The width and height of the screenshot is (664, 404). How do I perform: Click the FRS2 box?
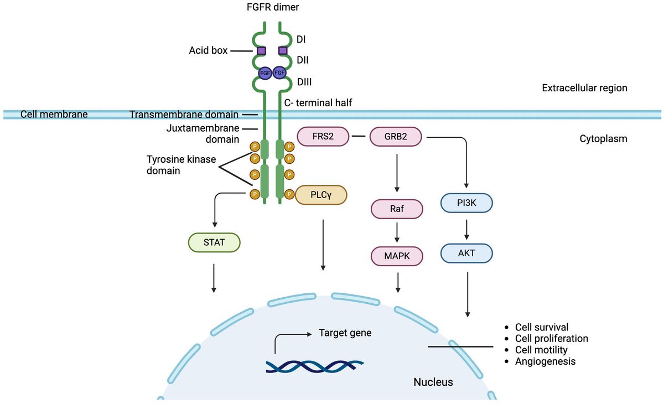pos(323,137)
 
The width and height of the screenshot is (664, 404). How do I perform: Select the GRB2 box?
pos(396,137)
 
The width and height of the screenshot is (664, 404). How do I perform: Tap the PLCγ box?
pos(321,195)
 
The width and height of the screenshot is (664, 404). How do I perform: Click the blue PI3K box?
pos(466,203)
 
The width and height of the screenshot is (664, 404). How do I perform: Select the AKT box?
pos(466,253)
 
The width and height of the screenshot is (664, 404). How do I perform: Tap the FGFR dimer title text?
pos(273,7)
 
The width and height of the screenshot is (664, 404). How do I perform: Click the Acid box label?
pos(208,50)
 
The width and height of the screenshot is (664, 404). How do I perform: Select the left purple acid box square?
pos(261,51)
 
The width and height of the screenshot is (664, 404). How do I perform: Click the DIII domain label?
pos(304,82)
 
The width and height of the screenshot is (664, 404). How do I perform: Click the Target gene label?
pos(345,333)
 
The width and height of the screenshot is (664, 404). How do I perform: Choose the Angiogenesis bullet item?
pos(545,361)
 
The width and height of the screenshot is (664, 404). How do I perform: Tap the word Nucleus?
pos(433,382)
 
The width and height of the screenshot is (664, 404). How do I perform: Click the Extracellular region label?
pos(584,88)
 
